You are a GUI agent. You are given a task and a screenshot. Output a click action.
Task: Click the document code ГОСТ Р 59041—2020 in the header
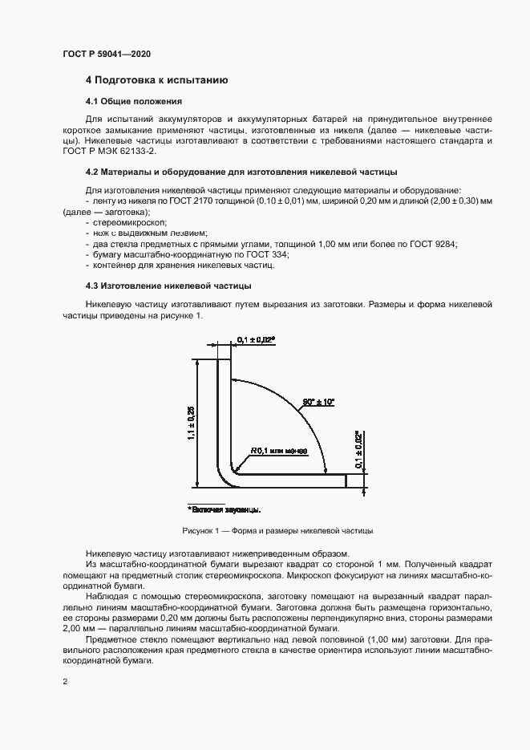pyautogui.click(x=107, y=54)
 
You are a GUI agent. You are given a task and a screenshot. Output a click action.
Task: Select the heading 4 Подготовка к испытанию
pyautogui.click(x=157, y=80)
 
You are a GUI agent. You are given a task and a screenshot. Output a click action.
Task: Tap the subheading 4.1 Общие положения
pyautogui.click(x=134, y=102)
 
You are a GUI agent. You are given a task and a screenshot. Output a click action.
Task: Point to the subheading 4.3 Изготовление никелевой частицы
pyautogui.click(x=170, y=286)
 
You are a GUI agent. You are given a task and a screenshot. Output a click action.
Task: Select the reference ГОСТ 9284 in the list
pyautogui.click(x=437, y=243)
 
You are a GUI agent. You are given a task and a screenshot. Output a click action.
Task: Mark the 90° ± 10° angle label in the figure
pyautogui.click(x=318, y=399)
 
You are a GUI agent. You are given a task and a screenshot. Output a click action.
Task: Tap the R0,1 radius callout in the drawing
pyautogui.click(x=279, y=451)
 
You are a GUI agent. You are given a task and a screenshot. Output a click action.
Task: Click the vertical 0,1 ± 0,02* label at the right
pyautogui.click(x=360, y=450)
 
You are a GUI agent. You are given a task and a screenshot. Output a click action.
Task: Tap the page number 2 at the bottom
pyautogui.click(x=64, y=682)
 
